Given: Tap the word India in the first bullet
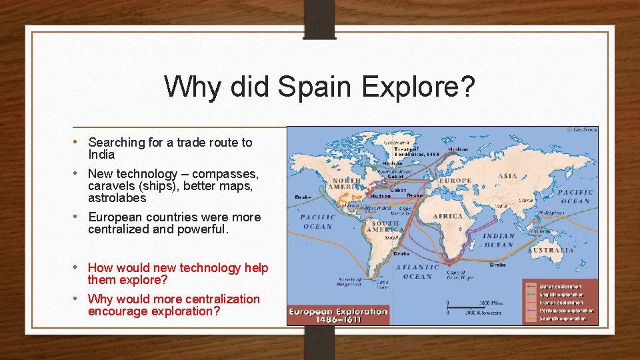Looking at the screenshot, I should coord(101,155).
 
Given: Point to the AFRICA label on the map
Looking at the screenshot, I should coord(447,216).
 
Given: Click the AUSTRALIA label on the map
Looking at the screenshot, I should coord(551,251).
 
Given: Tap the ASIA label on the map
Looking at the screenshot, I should coord(509,176).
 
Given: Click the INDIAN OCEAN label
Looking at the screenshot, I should coord(499,240).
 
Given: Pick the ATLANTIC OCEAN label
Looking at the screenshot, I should coord(418,271).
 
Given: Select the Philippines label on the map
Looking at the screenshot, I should coord(551,213).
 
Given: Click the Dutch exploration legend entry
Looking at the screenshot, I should coord(561,287).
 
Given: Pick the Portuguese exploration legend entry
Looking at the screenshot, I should coord(566,311).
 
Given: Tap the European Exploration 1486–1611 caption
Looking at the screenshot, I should coord(338,315).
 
